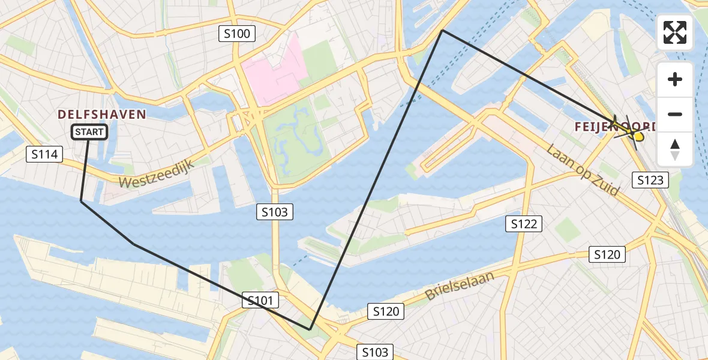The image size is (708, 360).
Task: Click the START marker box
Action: pyautogui.click(x=89, y=132)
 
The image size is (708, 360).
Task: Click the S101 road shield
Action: pyautogui.click(x=260, y=301)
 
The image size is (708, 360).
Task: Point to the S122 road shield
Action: pyautogui.click(x=524, y=224)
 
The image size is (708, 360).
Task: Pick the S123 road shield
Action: pyautogui.click(x=650, y=179)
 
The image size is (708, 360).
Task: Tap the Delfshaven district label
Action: pyautogui.click(x=102, y=114)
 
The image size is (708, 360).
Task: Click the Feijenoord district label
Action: pyautogui.click(x=612, y=127)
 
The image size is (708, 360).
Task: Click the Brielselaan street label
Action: pyautogui.click(x=460, y=286)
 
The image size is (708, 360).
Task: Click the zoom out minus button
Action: pyautogui.click(x=675, y=115)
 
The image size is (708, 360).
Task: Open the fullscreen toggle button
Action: pyautogui.click(x=675, y=32)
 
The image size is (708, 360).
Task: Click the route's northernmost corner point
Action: pyautogui.click(x=442, y=30)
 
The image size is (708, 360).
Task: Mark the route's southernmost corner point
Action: pyautogui.click(x=310, y=329)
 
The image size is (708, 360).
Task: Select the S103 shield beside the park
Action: pyautogui.click(x=275, y=212)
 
